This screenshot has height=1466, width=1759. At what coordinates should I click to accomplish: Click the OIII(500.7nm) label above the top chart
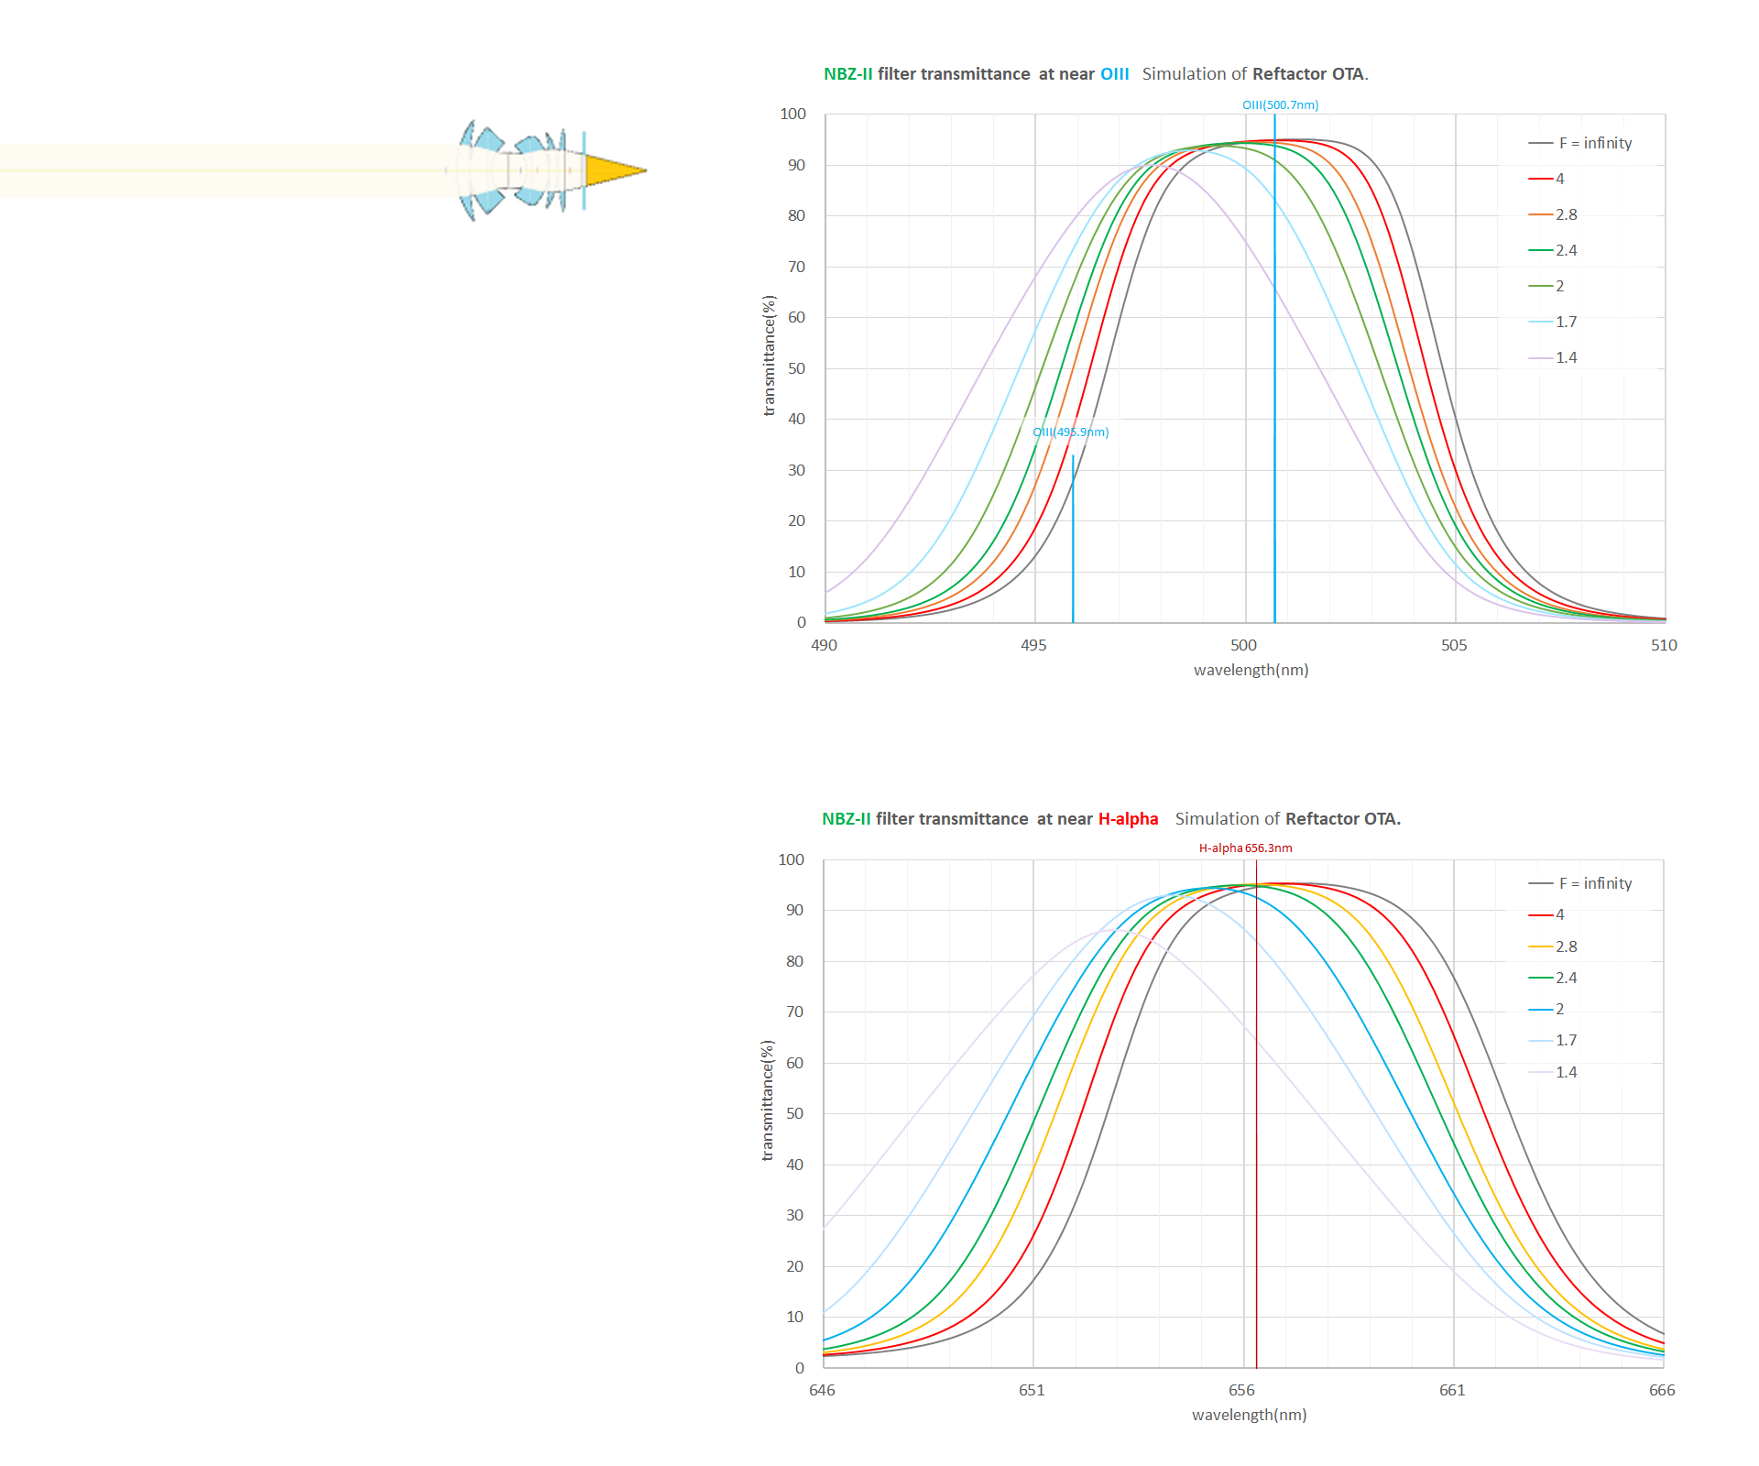[x=1280, y=105]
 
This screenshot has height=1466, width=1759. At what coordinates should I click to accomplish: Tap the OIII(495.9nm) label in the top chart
[x=1070, y=432]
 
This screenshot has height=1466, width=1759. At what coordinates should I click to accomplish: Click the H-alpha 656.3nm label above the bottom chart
[x=1245, y=848]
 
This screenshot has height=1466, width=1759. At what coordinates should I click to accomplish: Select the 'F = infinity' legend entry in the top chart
[x=1594, y=144]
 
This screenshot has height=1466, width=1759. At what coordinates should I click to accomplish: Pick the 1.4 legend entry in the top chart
[x=1566, y=358]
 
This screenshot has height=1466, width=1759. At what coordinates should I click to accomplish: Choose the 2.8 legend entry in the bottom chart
[x=1566, y=947]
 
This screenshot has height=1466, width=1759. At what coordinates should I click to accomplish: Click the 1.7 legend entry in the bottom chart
[x=1566, y=1041]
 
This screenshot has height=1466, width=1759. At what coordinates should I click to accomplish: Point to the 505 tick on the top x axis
[x=1454, y=646]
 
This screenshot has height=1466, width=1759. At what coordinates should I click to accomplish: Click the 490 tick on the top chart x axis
[x=824, y=646]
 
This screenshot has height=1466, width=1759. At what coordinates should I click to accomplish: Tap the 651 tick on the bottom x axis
[x=1032, y=1391]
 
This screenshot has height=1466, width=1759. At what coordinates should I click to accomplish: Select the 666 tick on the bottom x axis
[x=1662, y=1391]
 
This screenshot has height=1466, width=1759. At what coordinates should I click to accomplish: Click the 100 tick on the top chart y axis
[x=792, y=115]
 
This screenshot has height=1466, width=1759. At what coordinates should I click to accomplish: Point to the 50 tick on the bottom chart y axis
[x=794, y=1114]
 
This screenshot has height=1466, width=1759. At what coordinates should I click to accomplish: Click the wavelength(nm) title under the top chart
[x=1251, y=671]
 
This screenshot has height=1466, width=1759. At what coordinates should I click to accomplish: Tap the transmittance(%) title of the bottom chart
[x=768, y=1100]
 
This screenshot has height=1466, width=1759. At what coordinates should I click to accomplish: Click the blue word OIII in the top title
[x=1114, y=74]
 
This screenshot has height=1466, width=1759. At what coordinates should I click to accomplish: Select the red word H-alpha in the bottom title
[x=1128, y=819]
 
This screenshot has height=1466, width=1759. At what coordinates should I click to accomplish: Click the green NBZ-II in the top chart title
[x=847, y=74]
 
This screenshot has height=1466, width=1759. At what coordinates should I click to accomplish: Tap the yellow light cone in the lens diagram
[x=612, y=170]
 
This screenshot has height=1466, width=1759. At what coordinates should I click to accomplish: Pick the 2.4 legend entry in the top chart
[x=1566, y=251]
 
